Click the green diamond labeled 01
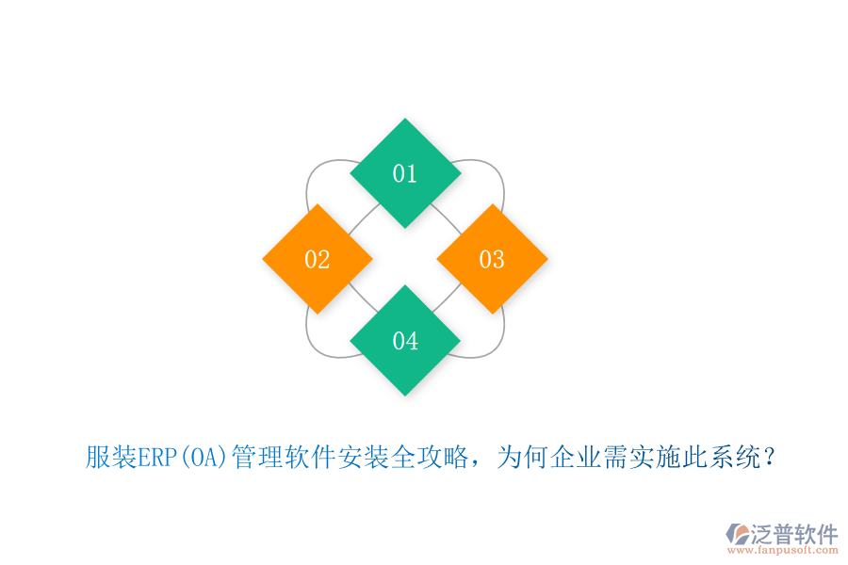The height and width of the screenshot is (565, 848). pyautogui.click(x=405, y=173)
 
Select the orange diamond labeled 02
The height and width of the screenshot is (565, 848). pyautogui.click(x=318, y=259)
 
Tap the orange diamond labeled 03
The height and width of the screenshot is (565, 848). pyautogui.click(x=492, y=259)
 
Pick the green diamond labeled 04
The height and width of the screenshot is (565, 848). pyautogui.click(x=405, y=340)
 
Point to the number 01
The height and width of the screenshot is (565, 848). pyautogui.click(x=405, y=173)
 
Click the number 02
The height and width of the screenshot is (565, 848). pyautogui.click(x=318, y=260)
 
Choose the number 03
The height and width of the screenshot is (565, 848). pyautogui.click(x=492, y=260)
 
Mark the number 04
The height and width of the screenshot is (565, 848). pyautogui.click(x=405, y=341)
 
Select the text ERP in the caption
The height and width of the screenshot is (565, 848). pyautogui.click(x=156, y=459)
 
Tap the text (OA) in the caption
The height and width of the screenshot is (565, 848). pyautogui.click(x=203, y=459)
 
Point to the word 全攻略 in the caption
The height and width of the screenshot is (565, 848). pyautogui.click(x=428, y=459)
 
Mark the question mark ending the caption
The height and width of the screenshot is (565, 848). pyautogui.click(x=770, y=459)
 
